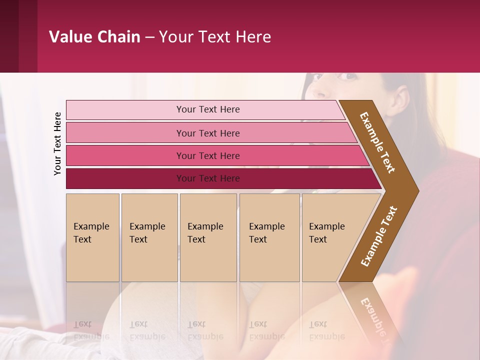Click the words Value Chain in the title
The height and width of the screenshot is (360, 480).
coord(94,37)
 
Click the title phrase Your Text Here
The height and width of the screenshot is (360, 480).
coord(215,37)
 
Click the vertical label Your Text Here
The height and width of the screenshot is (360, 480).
coord(57,143)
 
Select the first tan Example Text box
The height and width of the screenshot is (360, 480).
coord(92,237)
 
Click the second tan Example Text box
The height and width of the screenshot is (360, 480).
coord(149,237)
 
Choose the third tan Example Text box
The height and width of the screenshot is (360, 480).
coord(208,237)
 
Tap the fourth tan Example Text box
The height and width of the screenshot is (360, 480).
coord(269,237)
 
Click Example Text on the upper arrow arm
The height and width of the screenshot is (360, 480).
coord(378,142)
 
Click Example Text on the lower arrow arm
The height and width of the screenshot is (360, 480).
coord(379,236)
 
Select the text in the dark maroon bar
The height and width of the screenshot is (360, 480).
coord(208,178)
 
